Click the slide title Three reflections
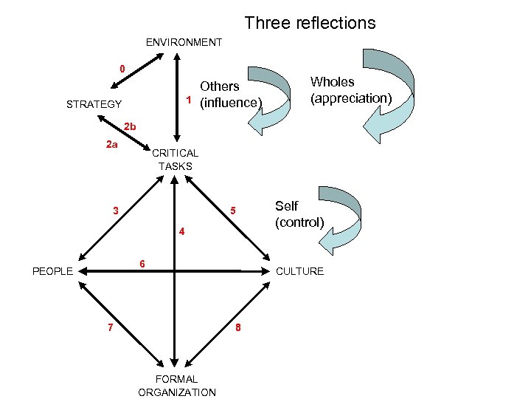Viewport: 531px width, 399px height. pyautogui.click(x=310, y=23)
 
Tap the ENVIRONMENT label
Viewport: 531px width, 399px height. pyautogui.click(x=184, y=42)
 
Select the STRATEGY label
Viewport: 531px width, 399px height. pyautogui.click(x=94, y=104)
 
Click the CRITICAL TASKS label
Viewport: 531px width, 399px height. pyautogui.click(x=175, y=160)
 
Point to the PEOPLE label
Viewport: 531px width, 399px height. pyautogui.click(x=52, y=271)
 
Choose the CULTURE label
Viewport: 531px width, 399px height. pyautogui.click(x=299, y=271)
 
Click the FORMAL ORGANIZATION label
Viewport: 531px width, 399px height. pyautogui.click(x=177, y=386)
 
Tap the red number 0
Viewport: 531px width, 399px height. pyautogui.click(x=123, y=69)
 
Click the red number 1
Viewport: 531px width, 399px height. pyautogui.click(x=189, y=100)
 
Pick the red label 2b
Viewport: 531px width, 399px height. pyautogui.click(x=130, y=126)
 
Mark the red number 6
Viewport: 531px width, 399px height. pyautogui.click(x=143, y=265)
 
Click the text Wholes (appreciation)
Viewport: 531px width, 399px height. pyautogui.click(x=350, y=90)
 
